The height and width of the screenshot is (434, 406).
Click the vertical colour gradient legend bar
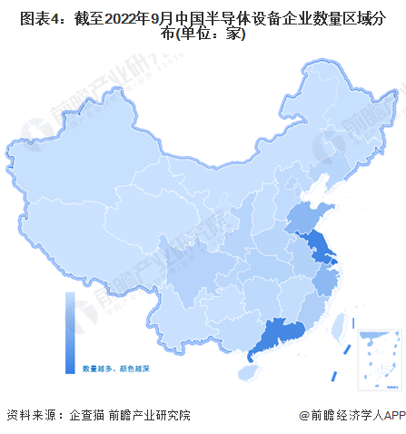pos(70,332)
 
